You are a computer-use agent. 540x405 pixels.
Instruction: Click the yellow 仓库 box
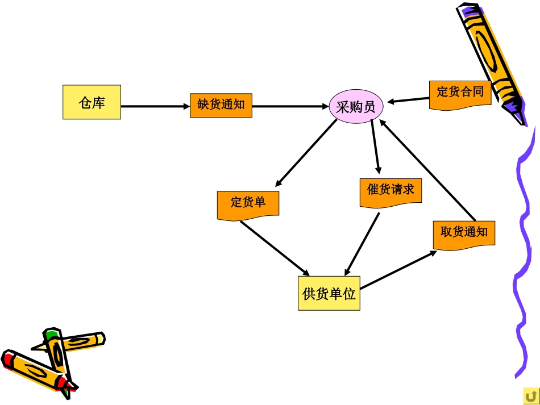point(92,102)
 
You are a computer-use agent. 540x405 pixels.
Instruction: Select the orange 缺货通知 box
point(221,105)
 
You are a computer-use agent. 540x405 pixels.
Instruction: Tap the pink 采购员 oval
point(356,106)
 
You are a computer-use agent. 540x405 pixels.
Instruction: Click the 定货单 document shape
point(248,204)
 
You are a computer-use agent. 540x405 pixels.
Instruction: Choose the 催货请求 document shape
point(391,192)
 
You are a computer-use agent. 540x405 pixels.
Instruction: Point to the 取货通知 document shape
point(464,234)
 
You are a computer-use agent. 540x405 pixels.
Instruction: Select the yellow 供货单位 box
point(329,293)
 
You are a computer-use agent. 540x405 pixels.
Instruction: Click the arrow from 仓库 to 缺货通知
point(155,106)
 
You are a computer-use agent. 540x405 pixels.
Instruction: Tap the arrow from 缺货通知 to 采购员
point(290,106)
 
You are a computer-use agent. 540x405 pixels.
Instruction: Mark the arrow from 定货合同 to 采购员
point(409,101)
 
